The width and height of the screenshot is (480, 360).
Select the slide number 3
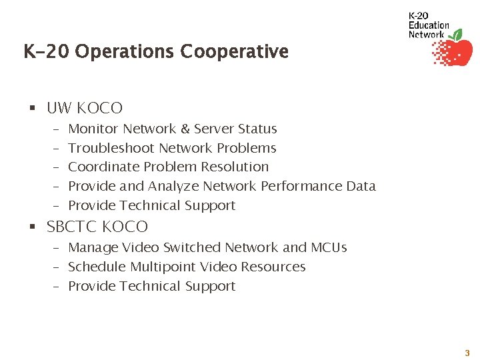click(x=467, y=353)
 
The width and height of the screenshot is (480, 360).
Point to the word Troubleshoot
click(x=111, y=148)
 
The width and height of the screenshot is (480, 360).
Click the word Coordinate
click(x=101, y=167)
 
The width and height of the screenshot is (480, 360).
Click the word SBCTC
click(x=70, y=227)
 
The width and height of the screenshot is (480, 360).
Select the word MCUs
click(x=329, y=247)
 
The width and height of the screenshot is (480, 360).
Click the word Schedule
click(x=97, y=267)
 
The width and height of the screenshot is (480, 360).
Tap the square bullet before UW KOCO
click(x=32, y=108)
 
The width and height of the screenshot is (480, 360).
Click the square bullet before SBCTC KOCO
click(x=32, y=227)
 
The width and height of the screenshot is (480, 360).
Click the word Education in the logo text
click(x=429, y=25)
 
